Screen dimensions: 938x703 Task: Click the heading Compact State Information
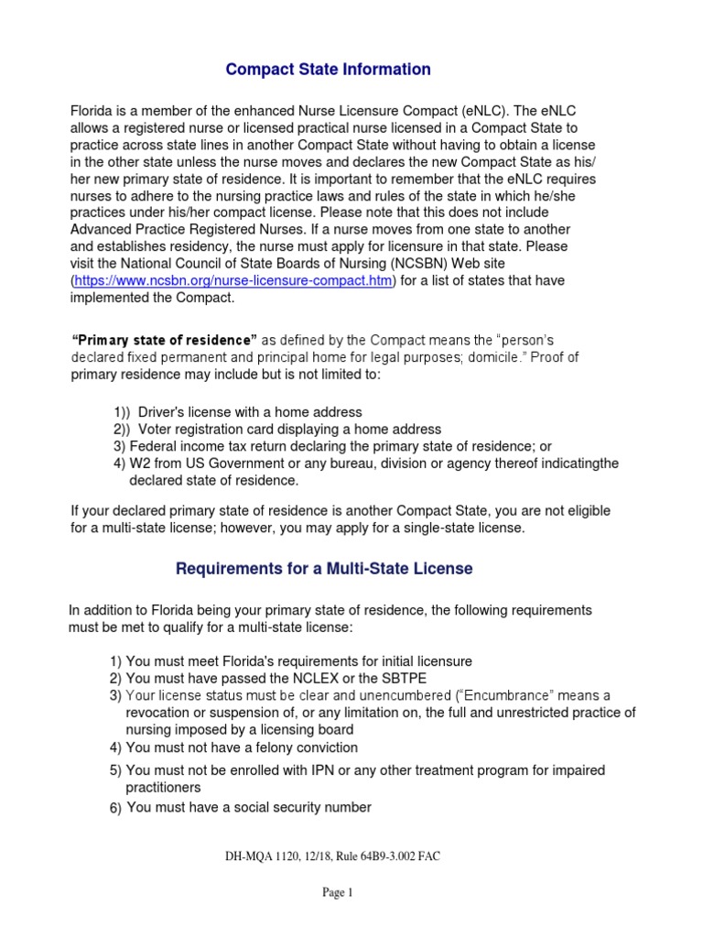tap(328, 70)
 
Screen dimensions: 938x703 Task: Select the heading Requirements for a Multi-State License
tap(324, 569)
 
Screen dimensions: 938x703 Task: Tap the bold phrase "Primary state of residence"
tap(165, 341)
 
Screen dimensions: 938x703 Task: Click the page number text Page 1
tap(337, 893)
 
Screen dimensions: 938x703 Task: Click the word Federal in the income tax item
tap(150, 446)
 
